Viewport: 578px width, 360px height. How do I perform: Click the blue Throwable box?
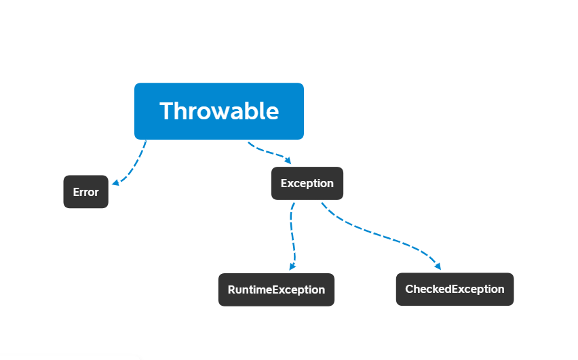(219, 111)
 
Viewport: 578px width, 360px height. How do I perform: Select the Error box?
(86, 192)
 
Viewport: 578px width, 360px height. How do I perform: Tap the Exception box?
(307, 184)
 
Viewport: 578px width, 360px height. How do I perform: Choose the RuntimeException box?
(277, 289)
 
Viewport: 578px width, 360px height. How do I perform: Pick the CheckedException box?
(455, 289)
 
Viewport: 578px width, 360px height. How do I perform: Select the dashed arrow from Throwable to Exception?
(269, 151)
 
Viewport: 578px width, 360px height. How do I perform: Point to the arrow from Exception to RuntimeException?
(292, 236)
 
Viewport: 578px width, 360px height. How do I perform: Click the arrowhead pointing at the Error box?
(115, 182)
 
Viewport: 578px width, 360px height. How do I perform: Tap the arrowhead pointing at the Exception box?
(288, 160)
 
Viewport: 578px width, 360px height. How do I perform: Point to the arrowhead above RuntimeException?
(292, 266)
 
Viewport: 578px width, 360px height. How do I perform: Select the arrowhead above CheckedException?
(438, 266)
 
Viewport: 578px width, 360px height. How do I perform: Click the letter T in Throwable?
(168, 111)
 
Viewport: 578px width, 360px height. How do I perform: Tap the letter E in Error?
(76, 192)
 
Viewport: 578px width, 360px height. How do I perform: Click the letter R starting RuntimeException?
(231, 289)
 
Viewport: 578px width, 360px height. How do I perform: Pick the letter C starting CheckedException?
(410, 289)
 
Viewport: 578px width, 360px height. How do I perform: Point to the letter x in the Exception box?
(290, 184)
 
